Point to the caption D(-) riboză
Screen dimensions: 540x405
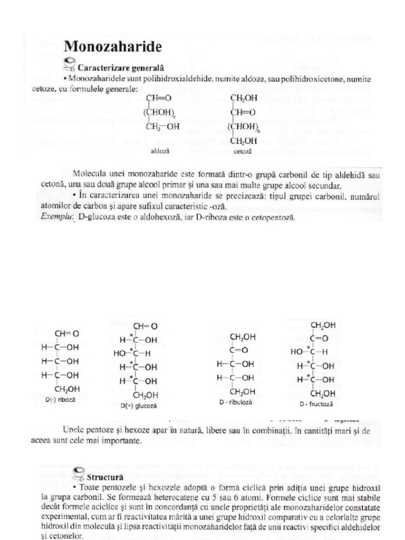coord(61,400)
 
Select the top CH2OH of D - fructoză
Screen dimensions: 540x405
coord(322,325)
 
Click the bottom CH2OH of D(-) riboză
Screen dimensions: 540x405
coord(67,389)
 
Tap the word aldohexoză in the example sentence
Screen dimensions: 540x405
coord(160,216)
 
